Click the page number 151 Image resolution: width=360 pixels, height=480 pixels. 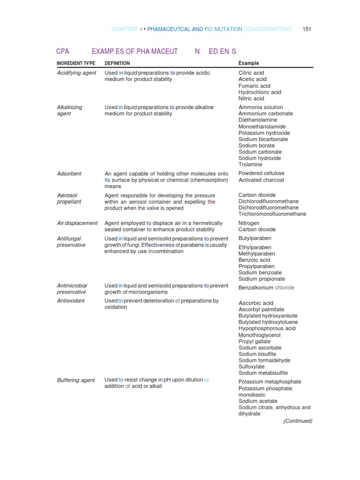point(307,29)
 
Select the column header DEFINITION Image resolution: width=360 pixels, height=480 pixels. point(117,63)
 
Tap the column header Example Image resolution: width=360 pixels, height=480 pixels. point(248,63)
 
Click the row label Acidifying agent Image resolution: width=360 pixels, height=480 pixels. point(76,73)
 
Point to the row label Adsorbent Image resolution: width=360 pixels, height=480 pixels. point(69,174)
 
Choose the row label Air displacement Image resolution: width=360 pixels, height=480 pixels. point(77,224)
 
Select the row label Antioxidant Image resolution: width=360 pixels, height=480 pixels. point(71,301)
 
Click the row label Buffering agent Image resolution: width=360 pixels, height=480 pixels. point(75,381)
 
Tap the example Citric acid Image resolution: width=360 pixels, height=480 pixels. point(251,73)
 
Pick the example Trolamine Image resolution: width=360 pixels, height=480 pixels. point(250,165)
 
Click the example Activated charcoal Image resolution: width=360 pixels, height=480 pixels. point(261,180)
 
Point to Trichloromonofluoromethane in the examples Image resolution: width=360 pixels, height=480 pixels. point(272,214)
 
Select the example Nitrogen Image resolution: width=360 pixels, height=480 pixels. point(249,224)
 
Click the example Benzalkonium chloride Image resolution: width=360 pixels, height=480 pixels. point(266,288)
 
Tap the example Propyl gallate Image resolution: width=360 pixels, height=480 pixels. point(254,342)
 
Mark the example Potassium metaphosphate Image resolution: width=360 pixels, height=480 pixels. point(270,382)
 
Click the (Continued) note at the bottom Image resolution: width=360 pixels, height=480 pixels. point(298,421)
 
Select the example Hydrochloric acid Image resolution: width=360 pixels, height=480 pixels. point(260,92)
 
